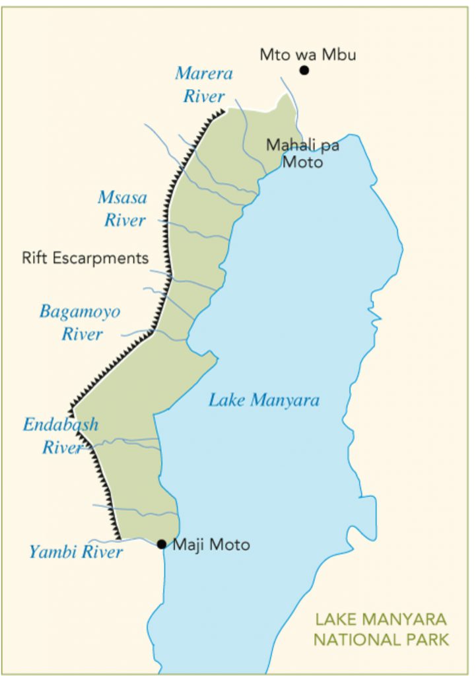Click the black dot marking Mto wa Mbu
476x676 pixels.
[304, 70]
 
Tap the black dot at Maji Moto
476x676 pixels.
[162, 544]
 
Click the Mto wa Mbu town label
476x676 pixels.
[308, 54]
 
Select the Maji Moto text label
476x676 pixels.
[211, 545]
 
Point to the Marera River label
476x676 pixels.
[204, 84]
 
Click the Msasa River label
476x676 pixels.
[123, 209]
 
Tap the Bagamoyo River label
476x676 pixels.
[81, 322]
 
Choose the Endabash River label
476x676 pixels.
[61, 436]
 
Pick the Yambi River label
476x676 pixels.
[76, 552]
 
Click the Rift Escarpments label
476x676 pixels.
[85, 257]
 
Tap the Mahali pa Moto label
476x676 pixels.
[303, 152]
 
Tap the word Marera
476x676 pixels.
[204, 73]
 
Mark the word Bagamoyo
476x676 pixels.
[81, 312]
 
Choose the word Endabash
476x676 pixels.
[61, 424]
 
